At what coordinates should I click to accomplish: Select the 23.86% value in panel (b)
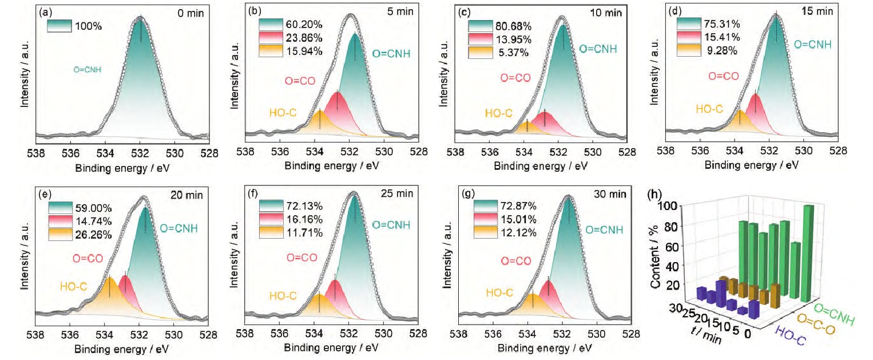point(301,38)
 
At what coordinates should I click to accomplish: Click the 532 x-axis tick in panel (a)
point(140,153)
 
